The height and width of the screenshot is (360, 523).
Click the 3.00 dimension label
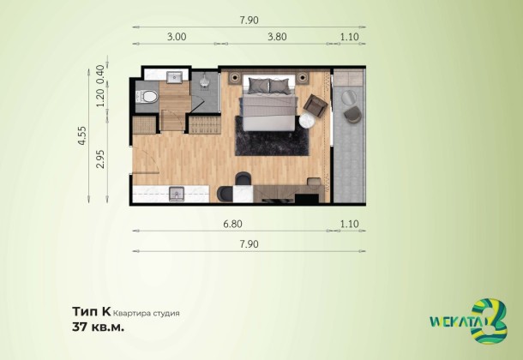[x=177, y=37]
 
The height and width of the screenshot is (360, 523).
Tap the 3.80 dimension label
[x=277, y=37]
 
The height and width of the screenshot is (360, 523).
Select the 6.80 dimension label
[x=232, y=224]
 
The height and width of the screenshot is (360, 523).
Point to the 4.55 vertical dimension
[x=81, y=135]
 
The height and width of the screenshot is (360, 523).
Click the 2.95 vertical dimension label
[x=100, y=159]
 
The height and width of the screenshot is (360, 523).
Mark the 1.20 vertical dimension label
[x=100, y=98]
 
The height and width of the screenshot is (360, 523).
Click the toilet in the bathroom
[x=147, y=97]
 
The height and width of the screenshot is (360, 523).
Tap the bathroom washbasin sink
[x=174, y=77]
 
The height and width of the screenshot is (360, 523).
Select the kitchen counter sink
[x=177, y=194]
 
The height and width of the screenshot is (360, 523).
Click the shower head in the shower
[x=204, y=81]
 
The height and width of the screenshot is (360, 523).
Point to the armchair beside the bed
[x=316, y=105]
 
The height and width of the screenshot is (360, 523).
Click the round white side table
[x=307, y=121]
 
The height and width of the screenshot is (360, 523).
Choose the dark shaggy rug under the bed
[x=272, y=135]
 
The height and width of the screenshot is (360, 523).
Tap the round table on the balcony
[x=349, y=97]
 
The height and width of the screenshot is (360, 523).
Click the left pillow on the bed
[x=259, y=86]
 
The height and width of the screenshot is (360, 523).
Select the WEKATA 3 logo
[x=468, y=321]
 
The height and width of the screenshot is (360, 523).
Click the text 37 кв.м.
[x=99, y=327]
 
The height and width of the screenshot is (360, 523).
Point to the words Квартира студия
[x=147, y=314]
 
